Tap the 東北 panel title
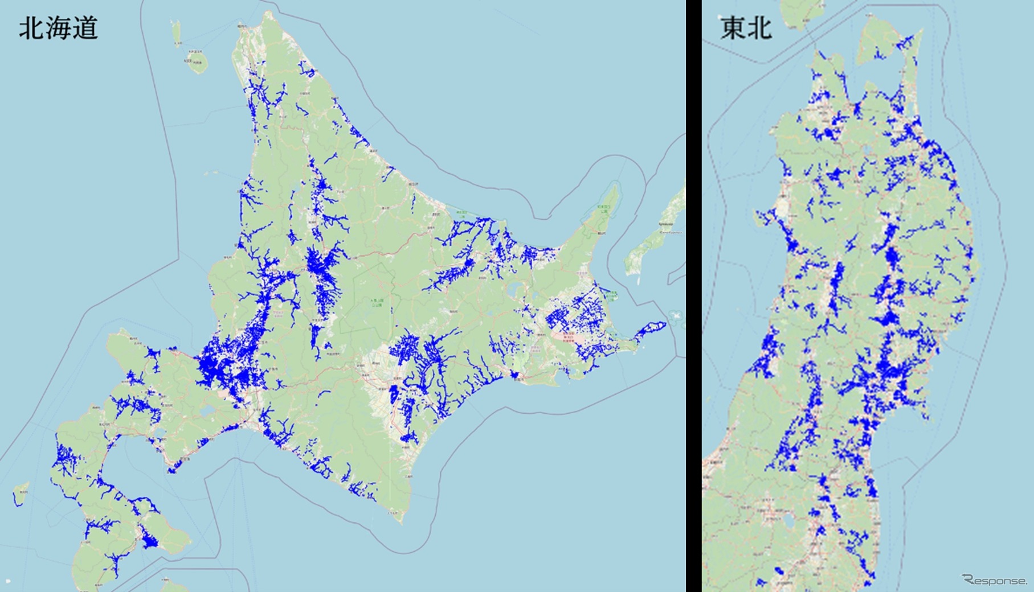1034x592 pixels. click(746, 27)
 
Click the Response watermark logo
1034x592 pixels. click(994, 580)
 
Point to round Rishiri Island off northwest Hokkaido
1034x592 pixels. click(196, 61)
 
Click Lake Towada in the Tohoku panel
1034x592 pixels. click(868, 149)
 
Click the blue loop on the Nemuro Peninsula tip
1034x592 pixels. click(653, 329)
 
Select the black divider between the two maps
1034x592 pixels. click(693, 296)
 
